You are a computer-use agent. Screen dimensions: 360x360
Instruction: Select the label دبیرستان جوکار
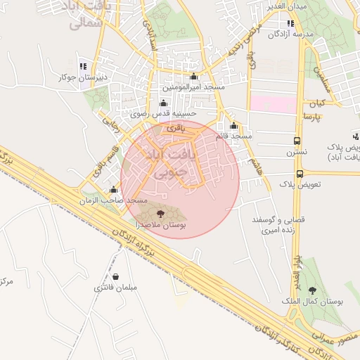(x=83, y=77)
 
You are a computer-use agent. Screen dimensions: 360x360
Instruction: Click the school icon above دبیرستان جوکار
(x=83, y=67)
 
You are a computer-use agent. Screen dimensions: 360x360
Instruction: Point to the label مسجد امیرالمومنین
(x=194, y=87)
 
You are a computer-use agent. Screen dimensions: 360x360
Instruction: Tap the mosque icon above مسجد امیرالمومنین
(x=194, y=77)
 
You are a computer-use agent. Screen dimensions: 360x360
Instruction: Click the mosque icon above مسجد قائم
(x=233, y=126)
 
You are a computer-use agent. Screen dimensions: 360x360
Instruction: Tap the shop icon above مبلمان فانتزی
(x=115, y=276)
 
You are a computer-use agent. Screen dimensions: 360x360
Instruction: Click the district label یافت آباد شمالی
(x=89, y=15)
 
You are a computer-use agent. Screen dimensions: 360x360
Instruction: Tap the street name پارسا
(x=311, y=115)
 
